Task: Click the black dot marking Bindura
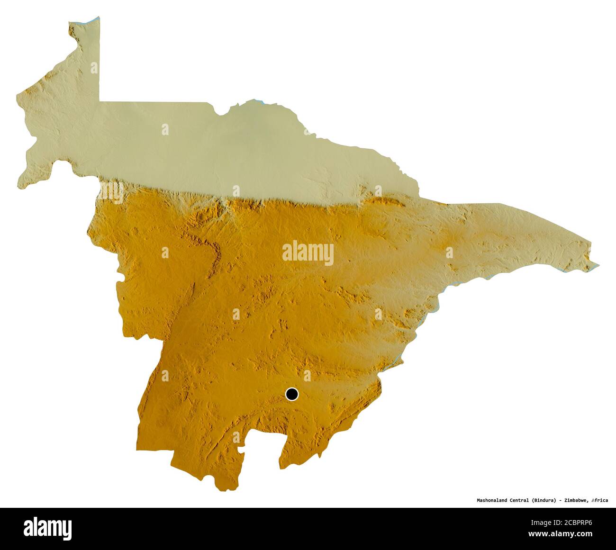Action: (x=292, y=394)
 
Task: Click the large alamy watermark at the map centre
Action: (x=308, y=253)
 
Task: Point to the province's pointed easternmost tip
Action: (x=598, y=266)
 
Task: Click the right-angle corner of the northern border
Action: (x=100, y=101)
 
